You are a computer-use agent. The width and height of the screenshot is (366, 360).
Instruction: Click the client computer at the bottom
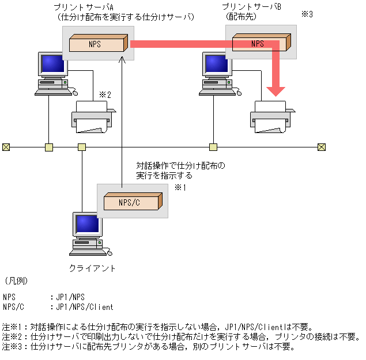click(87, 233)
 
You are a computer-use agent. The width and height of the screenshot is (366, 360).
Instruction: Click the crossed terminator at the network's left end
click(6, 147)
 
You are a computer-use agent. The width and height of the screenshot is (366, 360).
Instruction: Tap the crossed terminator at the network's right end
click(322, 147)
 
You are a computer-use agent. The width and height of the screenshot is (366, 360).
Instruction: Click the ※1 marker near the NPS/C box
click(180, 187)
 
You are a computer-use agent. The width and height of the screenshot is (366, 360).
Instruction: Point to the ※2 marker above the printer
click(104, 94)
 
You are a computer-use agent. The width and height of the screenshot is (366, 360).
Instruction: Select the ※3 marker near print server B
click(307, 14)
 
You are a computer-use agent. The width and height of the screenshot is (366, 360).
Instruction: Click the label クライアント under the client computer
click(92, 268)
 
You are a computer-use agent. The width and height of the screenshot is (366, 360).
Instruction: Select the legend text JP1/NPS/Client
click(84, 307)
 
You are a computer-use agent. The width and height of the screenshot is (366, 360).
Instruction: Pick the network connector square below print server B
click(213, 147)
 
